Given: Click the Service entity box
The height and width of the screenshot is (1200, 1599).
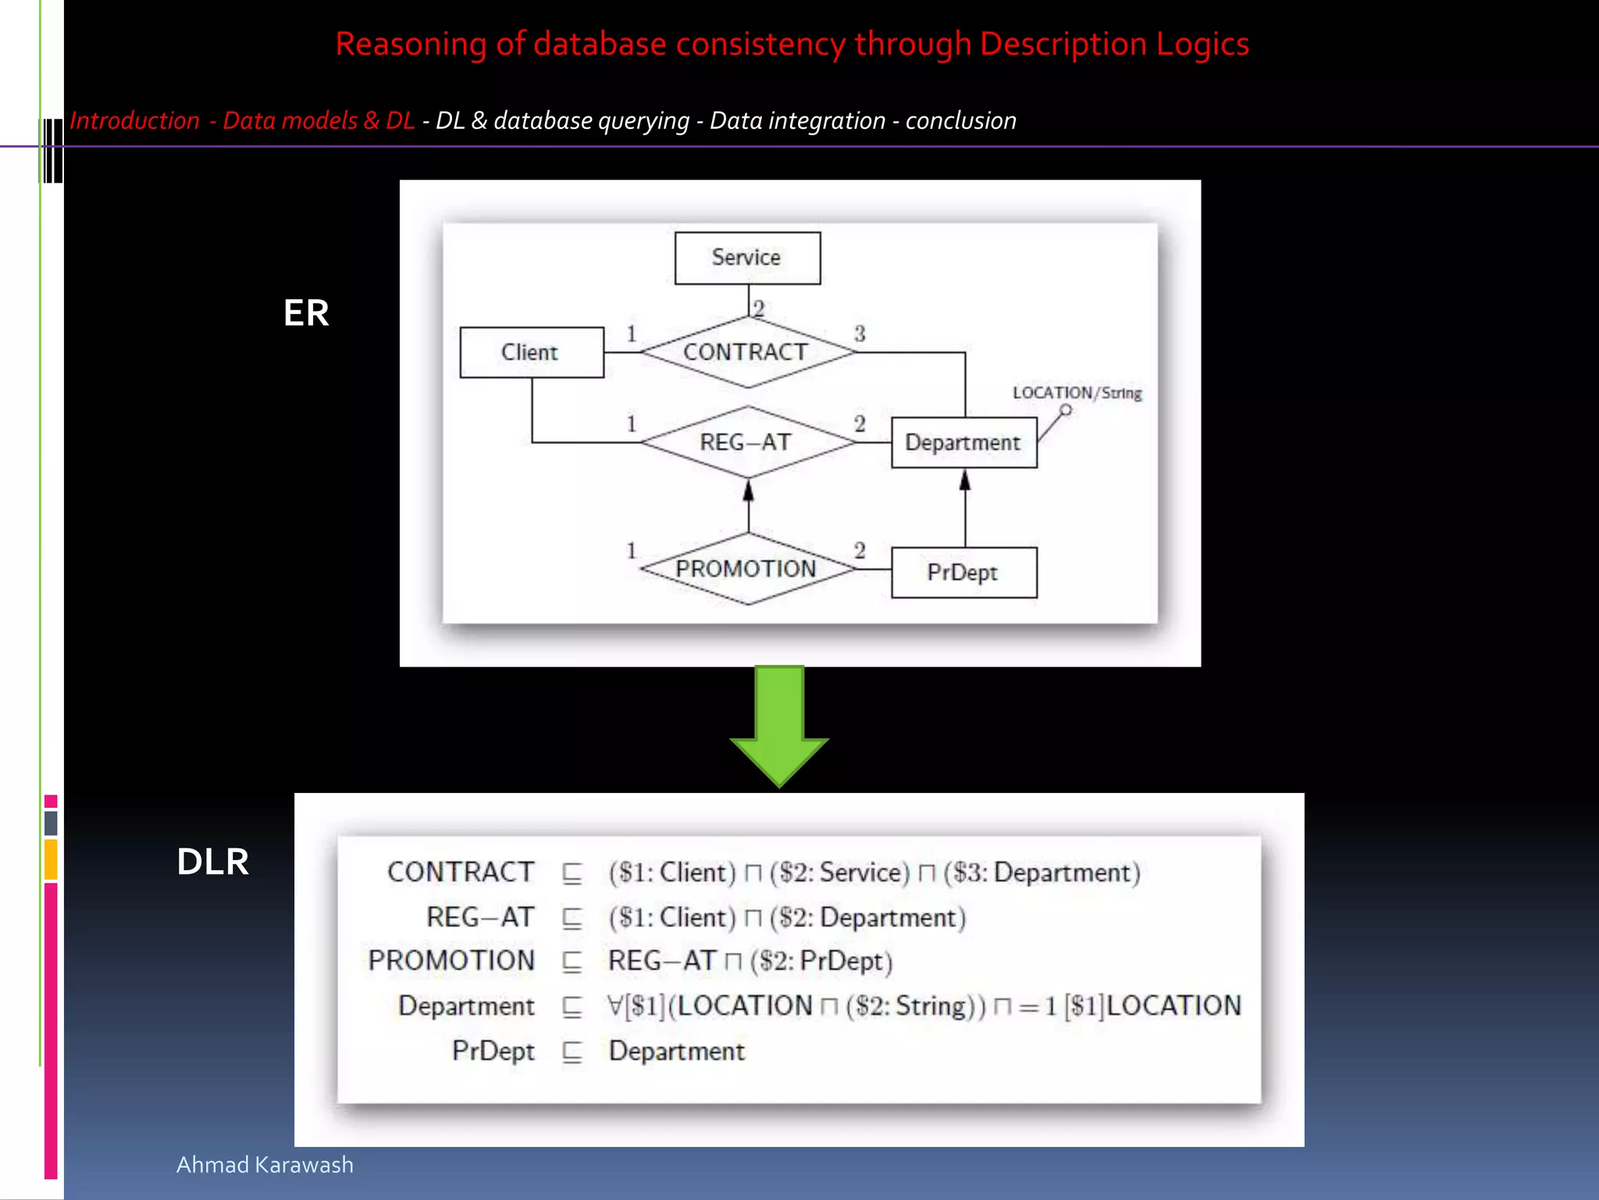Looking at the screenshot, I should (x=747, y=258).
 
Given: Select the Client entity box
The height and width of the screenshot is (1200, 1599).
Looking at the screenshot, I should (x=531, y=352).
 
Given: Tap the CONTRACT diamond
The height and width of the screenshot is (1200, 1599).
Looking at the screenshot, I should (x=747, y=352).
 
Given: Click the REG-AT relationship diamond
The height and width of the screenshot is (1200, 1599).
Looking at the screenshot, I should (x=747, y=442).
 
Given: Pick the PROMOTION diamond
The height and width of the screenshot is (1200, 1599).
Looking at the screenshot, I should (x=747, y=569).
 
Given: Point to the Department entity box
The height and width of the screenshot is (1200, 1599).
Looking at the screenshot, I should (x=963, y=442).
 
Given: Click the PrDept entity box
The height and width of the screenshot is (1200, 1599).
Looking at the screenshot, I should (x=963, y=573).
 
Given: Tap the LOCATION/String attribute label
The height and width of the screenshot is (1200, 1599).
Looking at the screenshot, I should (x=1077, y=393).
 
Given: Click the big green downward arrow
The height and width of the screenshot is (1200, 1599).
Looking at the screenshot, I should (x=779, y=723).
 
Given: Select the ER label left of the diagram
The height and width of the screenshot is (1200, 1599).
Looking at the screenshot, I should (x=306, y=313).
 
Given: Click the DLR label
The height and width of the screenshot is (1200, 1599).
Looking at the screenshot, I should (x=212, y=862).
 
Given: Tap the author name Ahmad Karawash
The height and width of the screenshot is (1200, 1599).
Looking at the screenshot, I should (x=265, y=1165).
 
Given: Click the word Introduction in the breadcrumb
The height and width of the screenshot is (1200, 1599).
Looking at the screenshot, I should (x=135, y=121).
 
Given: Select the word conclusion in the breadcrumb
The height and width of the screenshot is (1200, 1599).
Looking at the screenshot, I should (x=960, y=121).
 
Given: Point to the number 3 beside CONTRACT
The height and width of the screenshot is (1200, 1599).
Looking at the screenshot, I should (x=860, y=334).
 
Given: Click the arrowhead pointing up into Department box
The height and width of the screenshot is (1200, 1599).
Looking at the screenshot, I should (x=965, y=480).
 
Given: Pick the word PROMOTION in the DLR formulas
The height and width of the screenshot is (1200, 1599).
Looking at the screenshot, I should (x=451, y=961).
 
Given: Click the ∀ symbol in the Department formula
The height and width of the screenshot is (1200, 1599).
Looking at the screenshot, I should (x=615, y=1005).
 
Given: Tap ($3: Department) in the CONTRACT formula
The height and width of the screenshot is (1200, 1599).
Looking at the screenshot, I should (x=1042, y=873).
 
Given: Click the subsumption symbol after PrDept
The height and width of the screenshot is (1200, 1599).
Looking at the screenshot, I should (x=572, y=1052).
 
